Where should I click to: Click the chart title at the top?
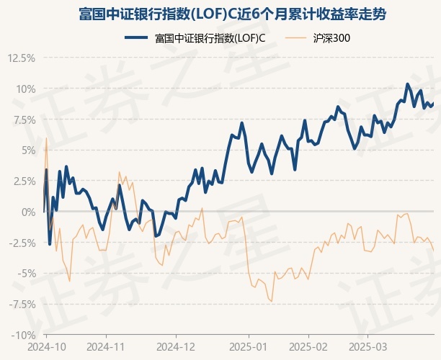(220, 14)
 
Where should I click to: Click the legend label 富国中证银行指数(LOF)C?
(210, 38)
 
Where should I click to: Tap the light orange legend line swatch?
(298, 38)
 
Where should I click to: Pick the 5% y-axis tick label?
(27, 150)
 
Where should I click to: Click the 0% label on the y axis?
(27, 212)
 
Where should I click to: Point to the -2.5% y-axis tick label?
(20, 243)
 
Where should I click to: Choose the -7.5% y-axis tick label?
(20, 304)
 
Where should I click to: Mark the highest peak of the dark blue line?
(407, 84)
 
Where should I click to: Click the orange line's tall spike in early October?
(46, 138)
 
